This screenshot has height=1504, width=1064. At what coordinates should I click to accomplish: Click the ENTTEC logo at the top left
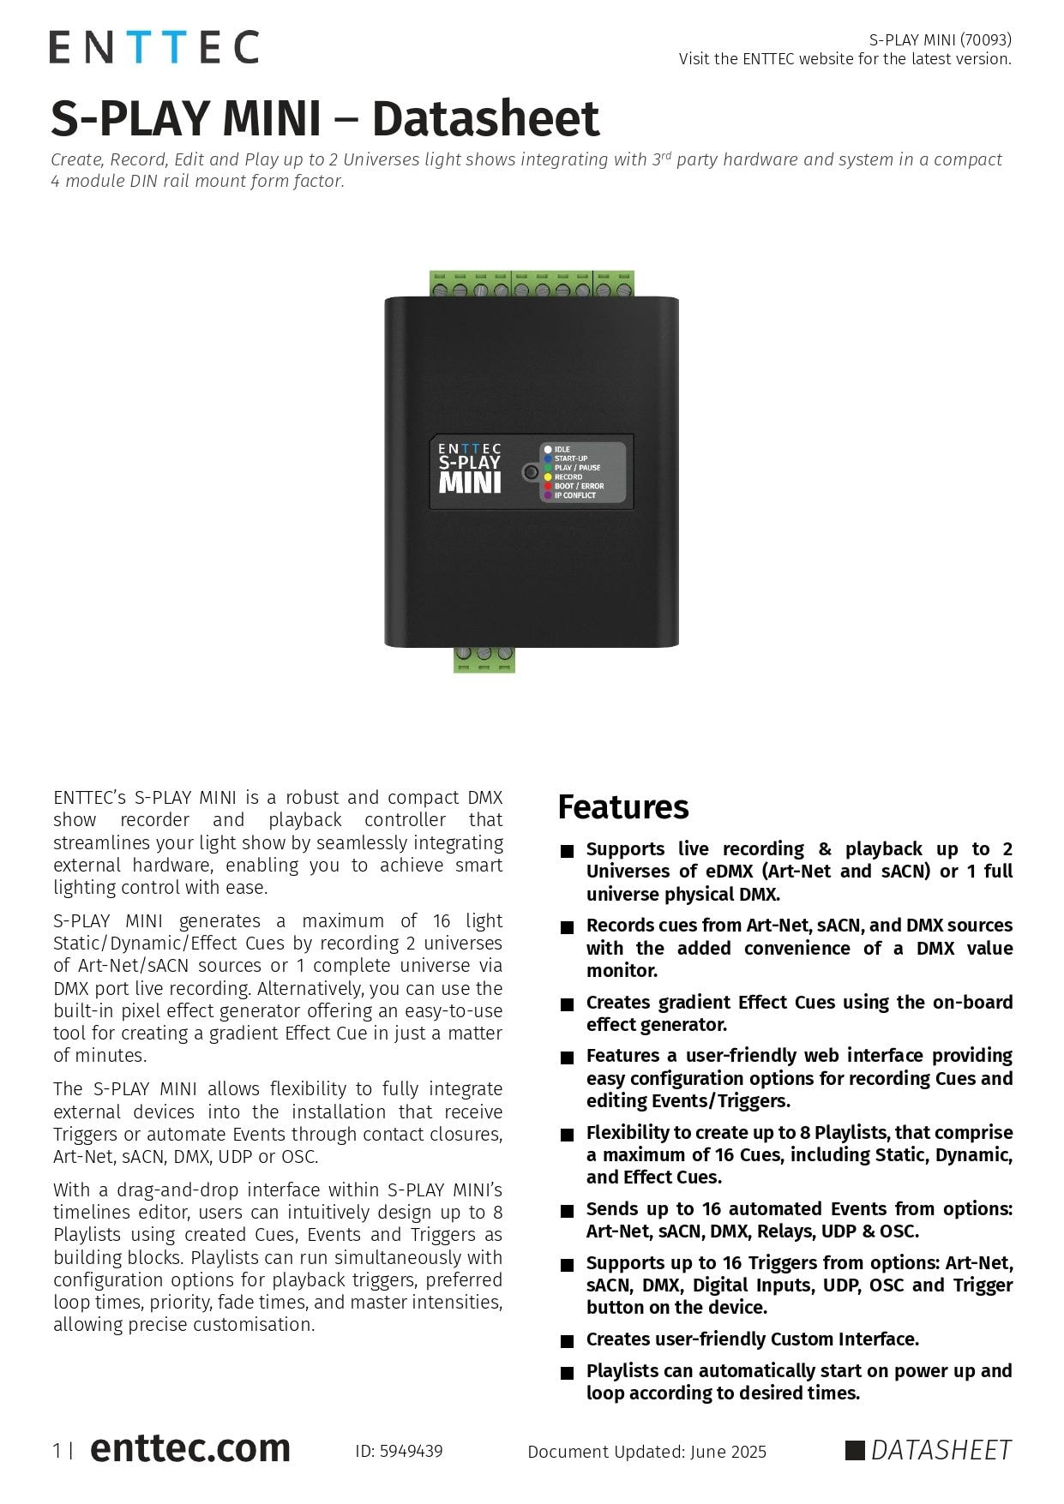click(153, 47)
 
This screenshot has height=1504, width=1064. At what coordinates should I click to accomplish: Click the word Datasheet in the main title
click(485, 118)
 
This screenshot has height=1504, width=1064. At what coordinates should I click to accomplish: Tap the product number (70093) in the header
click(986, 39)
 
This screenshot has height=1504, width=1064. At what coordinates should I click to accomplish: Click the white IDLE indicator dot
click(548, 450)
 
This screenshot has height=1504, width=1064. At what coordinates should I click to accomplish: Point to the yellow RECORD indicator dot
click(548, 477)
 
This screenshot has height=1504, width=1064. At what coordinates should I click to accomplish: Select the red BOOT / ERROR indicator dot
click(548, 487)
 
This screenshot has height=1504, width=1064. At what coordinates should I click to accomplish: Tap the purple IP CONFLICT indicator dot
click(548, 496)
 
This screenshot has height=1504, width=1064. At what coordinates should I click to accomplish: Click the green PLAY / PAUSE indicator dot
click(548, 468)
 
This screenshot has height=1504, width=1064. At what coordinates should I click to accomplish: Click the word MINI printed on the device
click(469, 483)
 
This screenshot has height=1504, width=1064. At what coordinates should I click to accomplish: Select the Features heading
click(623, 807)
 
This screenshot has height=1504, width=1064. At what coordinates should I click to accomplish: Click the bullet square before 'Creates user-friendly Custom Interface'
click(567, 1341)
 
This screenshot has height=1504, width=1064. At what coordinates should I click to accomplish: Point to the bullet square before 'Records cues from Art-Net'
click(567, 927)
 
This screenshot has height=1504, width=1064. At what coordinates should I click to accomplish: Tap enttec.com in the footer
click(190, 1448)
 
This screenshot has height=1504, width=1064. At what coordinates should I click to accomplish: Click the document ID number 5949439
click(411, 1452)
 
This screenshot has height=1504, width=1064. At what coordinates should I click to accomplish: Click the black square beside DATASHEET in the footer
click(855, 1450)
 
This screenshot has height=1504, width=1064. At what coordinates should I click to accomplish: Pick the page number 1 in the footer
click(57, 1451)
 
